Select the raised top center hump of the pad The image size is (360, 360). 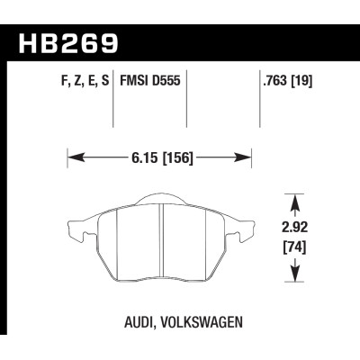point(158,200)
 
